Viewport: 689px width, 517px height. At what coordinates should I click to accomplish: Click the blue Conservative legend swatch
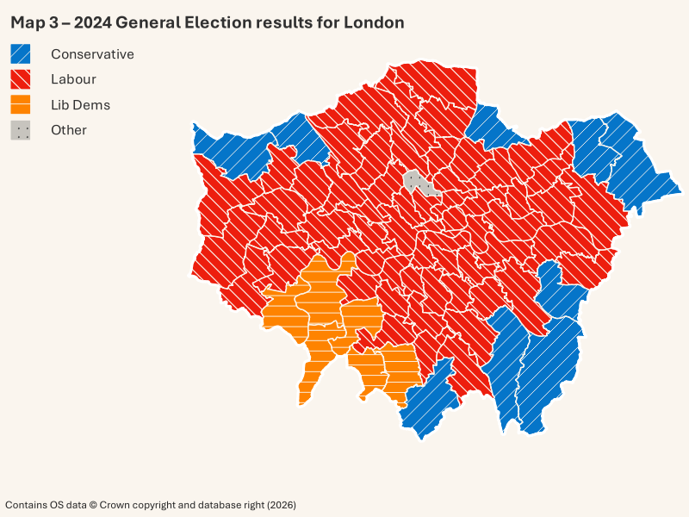(21, 53)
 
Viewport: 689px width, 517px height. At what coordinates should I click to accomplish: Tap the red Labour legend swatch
(21, 79)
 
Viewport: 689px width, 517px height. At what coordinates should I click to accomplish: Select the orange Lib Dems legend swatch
(21, 105)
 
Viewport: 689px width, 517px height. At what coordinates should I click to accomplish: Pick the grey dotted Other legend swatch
(21, 130)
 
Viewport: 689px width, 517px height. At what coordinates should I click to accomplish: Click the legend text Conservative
(92, 53)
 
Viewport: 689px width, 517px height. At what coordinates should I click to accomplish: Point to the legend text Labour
(73, 79)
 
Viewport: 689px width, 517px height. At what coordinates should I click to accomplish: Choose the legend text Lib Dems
(80, 105)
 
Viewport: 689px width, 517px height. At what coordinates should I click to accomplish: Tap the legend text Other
(69, 130)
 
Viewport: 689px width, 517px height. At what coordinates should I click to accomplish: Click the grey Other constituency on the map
(416, 181)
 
